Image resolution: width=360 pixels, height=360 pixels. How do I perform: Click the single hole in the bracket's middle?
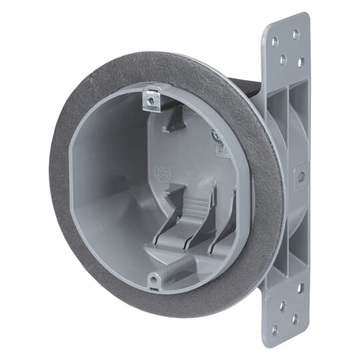[x=301, y=177]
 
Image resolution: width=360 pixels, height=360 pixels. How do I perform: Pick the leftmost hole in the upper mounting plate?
[x=274, y=42]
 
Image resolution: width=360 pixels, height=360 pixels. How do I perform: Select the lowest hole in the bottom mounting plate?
[x=295, y=319]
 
